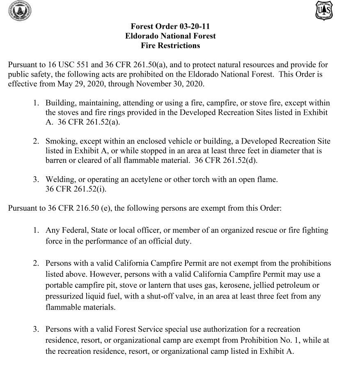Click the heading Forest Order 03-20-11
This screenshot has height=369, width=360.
[x=170, y=27]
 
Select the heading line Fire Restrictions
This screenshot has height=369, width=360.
[x=170, y=46]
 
